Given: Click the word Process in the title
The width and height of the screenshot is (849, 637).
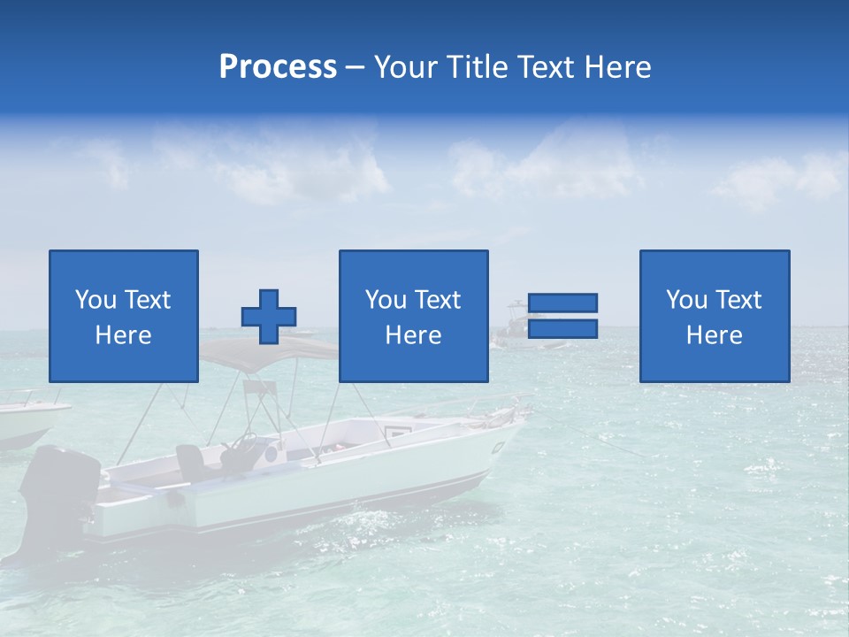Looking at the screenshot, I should coord(278,66).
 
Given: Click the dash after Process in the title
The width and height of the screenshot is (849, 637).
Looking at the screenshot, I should coord(355,67).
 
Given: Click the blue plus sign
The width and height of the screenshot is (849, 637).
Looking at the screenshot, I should coord(269,317).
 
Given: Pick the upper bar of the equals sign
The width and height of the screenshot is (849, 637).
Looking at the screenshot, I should coord(562,303).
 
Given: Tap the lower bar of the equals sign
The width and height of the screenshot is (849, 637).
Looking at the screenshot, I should coord(562,329).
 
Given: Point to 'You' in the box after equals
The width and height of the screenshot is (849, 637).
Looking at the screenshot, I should coord(685,300).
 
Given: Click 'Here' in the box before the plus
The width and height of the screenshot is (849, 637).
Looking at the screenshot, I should coord(123,335).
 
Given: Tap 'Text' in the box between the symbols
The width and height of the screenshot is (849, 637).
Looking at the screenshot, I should coord(438,300).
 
